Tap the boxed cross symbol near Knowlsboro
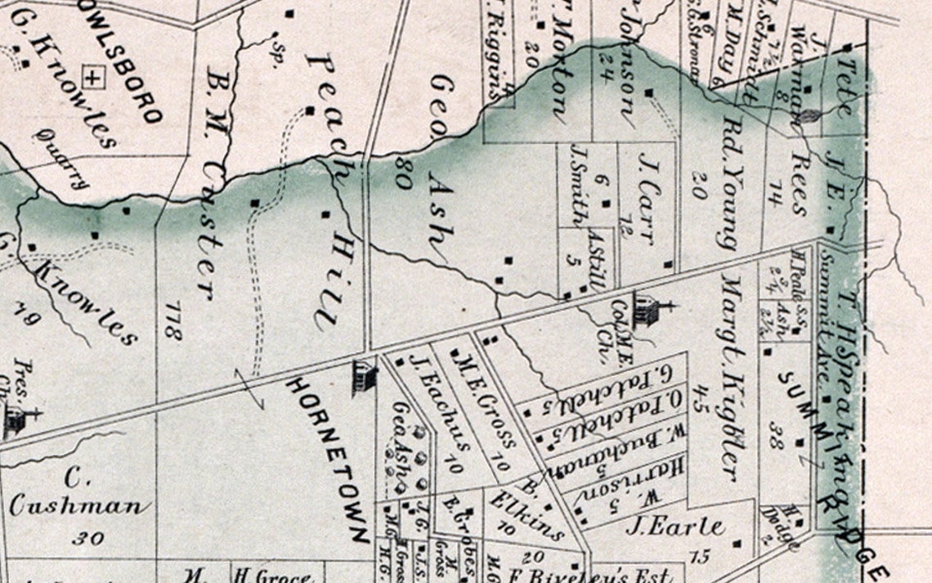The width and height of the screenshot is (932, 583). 95,78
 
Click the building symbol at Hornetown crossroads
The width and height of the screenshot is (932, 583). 364,378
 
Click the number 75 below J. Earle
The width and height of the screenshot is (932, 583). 699,558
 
